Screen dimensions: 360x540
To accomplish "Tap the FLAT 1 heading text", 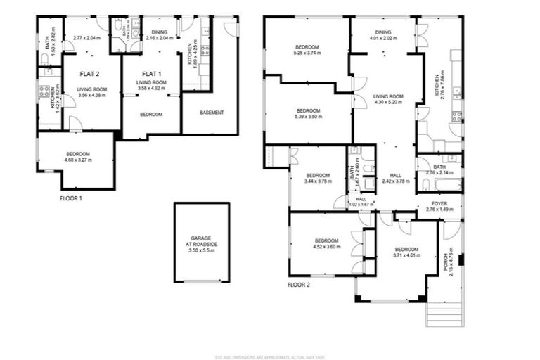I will coord(151,73).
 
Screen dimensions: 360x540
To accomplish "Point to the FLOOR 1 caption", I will coord(71,199).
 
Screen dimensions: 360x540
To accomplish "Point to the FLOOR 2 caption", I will coord(299,285).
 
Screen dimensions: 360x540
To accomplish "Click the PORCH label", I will coord(449,256).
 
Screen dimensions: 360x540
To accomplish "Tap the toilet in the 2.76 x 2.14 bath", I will coord(426,185).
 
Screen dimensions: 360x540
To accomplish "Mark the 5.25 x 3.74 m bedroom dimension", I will coord(307,52).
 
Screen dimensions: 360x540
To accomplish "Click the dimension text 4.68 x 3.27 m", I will coord(78,160).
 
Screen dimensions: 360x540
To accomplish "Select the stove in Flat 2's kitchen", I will coord(44,91).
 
